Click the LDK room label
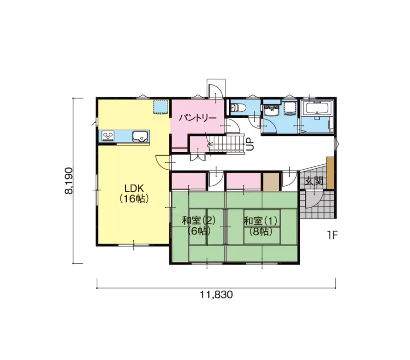(x=134, y=189)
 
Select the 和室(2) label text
(x=199, y=221)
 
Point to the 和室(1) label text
(x=260, y=221)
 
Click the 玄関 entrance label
(x=314, y=181)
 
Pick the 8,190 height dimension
(x=69, y=181)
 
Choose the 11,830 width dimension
(x=216, y=295)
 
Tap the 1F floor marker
(x=332, y=235)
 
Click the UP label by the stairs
(x=250, y=144)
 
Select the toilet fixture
(x=238, y=107)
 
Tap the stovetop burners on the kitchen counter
(x=108, y=135)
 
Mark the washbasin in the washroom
(x=272, y=110)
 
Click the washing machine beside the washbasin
(x=290, y=108)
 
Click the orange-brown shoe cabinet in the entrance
(x=330, y=173)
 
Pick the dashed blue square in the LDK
(x=161, y=107)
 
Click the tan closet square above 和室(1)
(x=271, y=182)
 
